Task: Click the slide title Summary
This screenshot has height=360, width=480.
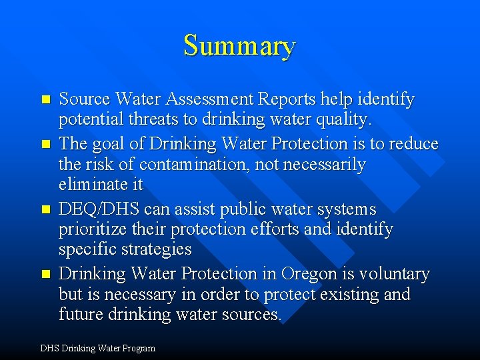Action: tap(239, 46)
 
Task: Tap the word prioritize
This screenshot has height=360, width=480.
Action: tap(96, 230)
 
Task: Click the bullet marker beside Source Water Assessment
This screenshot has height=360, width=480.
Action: tap(46, 100)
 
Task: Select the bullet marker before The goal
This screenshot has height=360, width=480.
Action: tap(46, 144)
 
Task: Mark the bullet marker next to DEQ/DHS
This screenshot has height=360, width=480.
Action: tap(46, 209)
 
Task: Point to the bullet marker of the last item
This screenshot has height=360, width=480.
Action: tap(46, 274)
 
